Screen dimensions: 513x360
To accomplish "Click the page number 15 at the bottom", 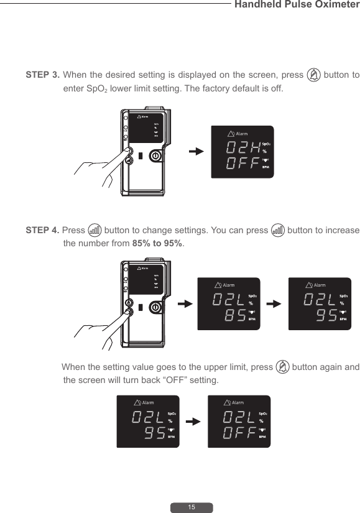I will [192, 507].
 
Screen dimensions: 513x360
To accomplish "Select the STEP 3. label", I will [42, 75].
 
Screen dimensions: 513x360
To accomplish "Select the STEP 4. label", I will [42, 230].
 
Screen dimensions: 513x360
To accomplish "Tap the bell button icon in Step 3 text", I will [314, 75].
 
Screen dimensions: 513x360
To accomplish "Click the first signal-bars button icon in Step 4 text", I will [95, 230].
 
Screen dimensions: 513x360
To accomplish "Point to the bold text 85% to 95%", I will [158, 243].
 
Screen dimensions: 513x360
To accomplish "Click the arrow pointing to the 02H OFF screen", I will [196, 151].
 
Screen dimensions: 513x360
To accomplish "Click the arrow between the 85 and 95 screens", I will [274, 304].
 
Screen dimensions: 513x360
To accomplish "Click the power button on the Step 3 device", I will [156, 155].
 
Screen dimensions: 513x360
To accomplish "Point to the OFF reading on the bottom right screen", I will [239, 433].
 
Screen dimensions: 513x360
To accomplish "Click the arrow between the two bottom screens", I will [194, 422].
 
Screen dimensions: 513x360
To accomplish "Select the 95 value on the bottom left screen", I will [153, 433].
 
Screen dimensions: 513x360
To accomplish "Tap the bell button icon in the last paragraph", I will [282, 367].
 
